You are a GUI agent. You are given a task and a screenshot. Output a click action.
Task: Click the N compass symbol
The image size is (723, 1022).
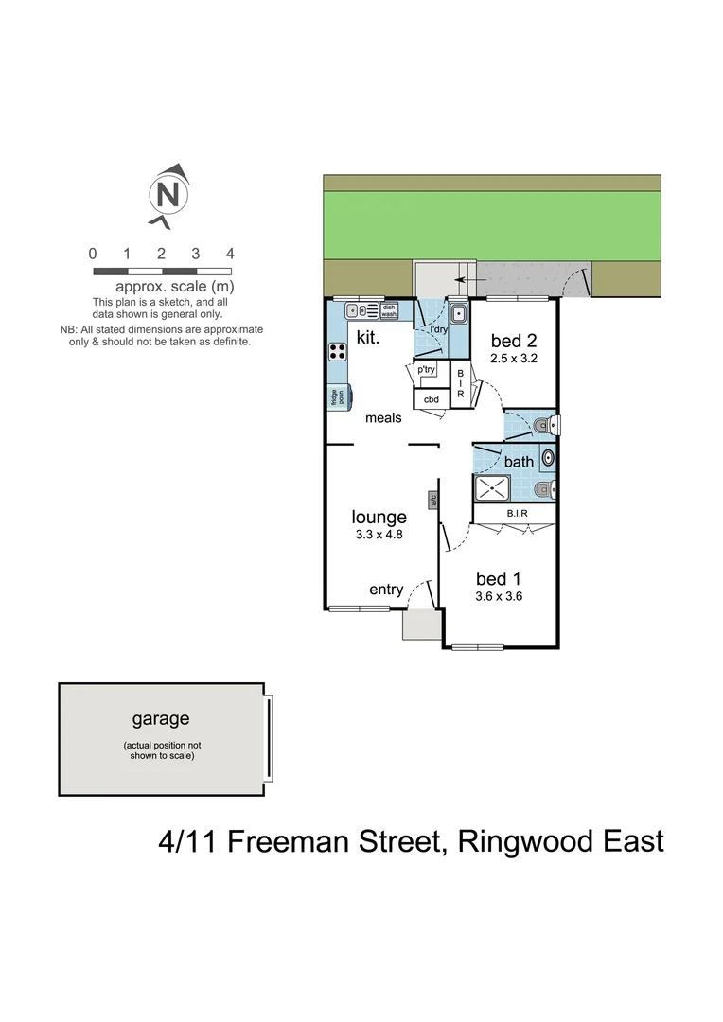168,196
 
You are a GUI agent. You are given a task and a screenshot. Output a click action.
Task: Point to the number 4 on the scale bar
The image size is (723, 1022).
230,254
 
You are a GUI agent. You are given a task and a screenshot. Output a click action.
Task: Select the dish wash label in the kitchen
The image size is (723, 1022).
389,309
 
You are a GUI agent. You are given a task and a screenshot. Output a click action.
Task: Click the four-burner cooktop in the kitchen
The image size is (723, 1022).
338,351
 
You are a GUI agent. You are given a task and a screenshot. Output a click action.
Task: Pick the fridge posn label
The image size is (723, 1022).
335,397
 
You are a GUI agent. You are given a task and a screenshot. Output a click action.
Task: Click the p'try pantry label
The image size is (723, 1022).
427,370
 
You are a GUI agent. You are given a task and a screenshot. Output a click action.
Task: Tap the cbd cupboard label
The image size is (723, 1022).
431,399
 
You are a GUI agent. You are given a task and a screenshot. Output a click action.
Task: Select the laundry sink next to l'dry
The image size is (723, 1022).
458,312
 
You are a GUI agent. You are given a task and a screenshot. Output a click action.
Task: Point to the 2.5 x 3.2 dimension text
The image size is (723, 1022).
512,359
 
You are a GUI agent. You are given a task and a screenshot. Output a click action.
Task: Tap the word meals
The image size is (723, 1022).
383,417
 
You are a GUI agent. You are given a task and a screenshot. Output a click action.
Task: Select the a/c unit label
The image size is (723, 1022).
432,499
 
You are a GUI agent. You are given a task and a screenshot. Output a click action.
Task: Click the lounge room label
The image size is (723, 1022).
379,517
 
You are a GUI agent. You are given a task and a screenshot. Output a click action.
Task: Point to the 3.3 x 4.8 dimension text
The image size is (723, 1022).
379,535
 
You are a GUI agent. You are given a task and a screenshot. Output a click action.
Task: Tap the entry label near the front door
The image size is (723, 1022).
386,590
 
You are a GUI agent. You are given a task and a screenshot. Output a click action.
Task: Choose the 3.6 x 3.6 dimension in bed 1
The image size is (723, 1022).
499,596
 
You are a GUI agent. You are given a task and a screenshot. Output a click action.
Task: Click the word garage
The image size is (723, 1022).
160,719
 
